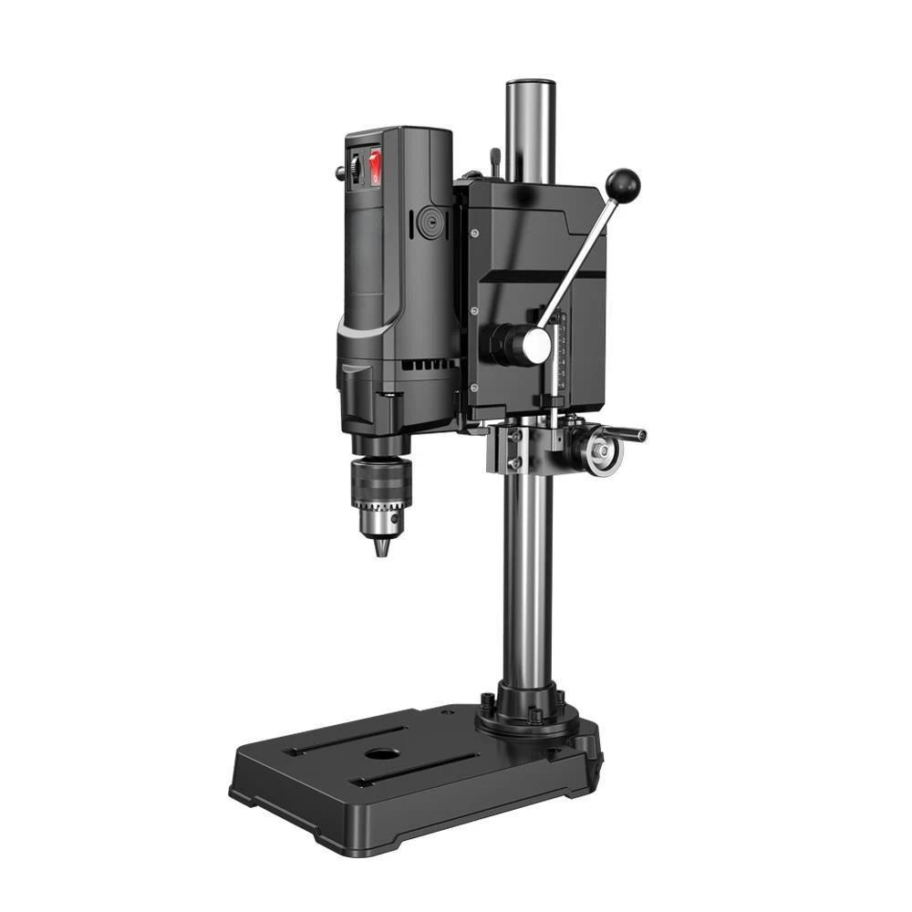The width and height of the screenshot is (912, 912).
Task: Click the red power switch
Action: coord(376,168)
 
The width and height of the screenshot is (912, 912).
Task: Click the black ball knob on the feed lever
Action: coord(623,186)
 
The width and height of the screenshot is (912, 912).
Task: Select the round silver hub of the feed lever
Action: coord(537,344)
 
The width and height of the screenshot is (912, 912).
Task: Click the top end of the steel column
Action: coord(531,87)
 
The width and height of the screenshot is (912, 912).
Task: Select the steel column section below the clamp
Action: coord(527,584)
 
